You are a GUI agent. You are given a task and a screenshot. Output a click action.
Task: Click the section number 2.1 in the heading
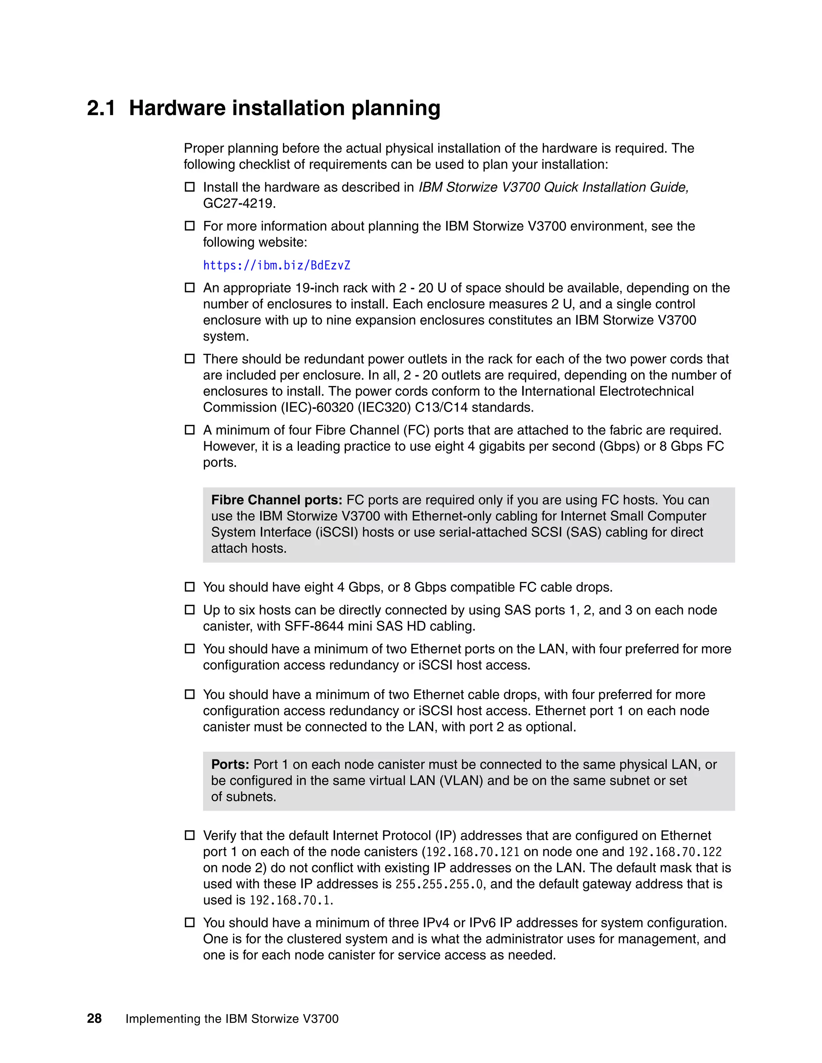(101, 108)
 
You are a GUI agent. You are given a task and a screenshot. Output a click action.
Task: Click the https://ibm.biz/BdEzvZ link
(277, 265)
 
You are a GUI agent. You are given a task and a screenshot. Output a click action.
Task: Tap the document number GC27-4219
(239, 203)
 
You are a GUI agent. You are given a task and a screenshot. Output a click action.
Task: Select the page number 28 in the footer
(94, 1018)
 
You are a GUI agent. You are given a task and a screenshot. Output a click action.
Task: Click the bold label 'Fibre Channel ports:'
(277, 500)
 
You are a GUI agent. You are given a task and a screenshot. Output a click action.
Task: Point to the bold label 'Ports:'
(230, 764)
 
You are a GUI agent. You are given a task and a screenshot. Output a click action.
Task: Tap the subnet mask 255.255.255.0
(439, 884)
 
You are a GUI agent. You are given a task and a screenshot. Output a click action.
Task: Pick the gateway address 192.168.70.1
(291, 900)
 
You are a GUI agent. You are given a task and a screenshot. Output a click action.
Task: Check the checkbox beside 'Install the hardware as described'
(189, 187)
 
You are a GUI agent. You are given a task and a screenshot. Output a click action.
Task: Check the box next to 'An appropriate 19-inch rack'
(189, 288)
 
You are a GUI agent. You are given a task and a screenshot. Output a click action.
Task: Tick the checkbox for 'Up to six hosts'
(189, 610)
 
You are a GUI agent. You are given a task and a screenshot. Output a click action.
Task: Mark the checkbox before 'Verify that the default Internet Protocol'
(189, 836)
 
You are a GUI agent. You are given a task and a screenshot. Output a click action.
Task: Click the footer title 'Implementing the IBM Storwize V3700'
(232, 1019)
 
